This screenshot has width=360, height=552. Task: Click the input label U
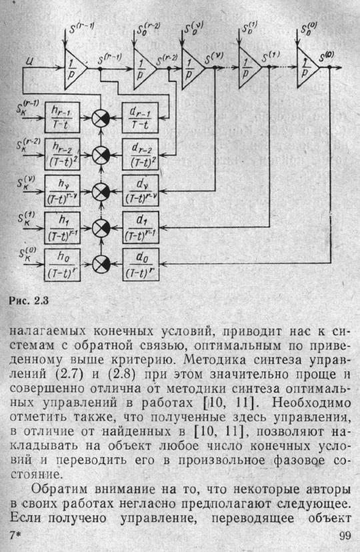(x=29, y=62)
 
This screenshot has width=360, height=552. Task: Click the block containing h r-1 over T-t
(x=62, y=117)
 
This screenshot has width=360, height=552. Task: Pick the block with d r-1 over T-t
(x=140, y=117)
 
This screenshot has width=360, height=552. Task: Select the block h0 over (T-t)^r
(x=62, y=265)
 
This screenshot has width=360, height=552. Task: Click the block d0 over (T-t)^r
(x=141, y=265)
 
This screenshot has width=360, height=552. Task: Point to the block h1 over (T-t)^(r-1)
(x=62, y=228)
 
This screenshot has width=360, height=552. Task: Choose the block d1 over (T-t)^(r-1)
(x=141, y=227)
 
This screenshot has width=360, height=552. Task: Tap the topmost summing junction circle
(x=101, y=118)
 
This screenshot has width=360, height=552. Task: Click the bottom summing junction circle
(x=101, y=264)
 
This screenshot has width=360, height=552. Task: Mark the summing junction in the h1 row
(x=101, y=228)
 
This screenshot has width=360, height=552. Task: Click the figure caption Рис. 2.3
(x=29, y=301)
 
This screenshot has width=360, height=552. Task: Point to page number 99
(x=345, y=536)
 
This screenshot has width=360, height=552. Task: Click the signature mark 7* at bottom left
(x=15, y=536)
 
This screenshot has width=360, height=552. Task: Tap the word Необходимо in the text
(x=312, y=403)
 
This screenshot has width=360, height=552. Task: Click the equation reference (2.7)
(x=69, y=375)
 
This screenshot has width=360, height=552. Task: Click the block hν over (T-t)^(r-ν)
(x=62, y=191)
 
